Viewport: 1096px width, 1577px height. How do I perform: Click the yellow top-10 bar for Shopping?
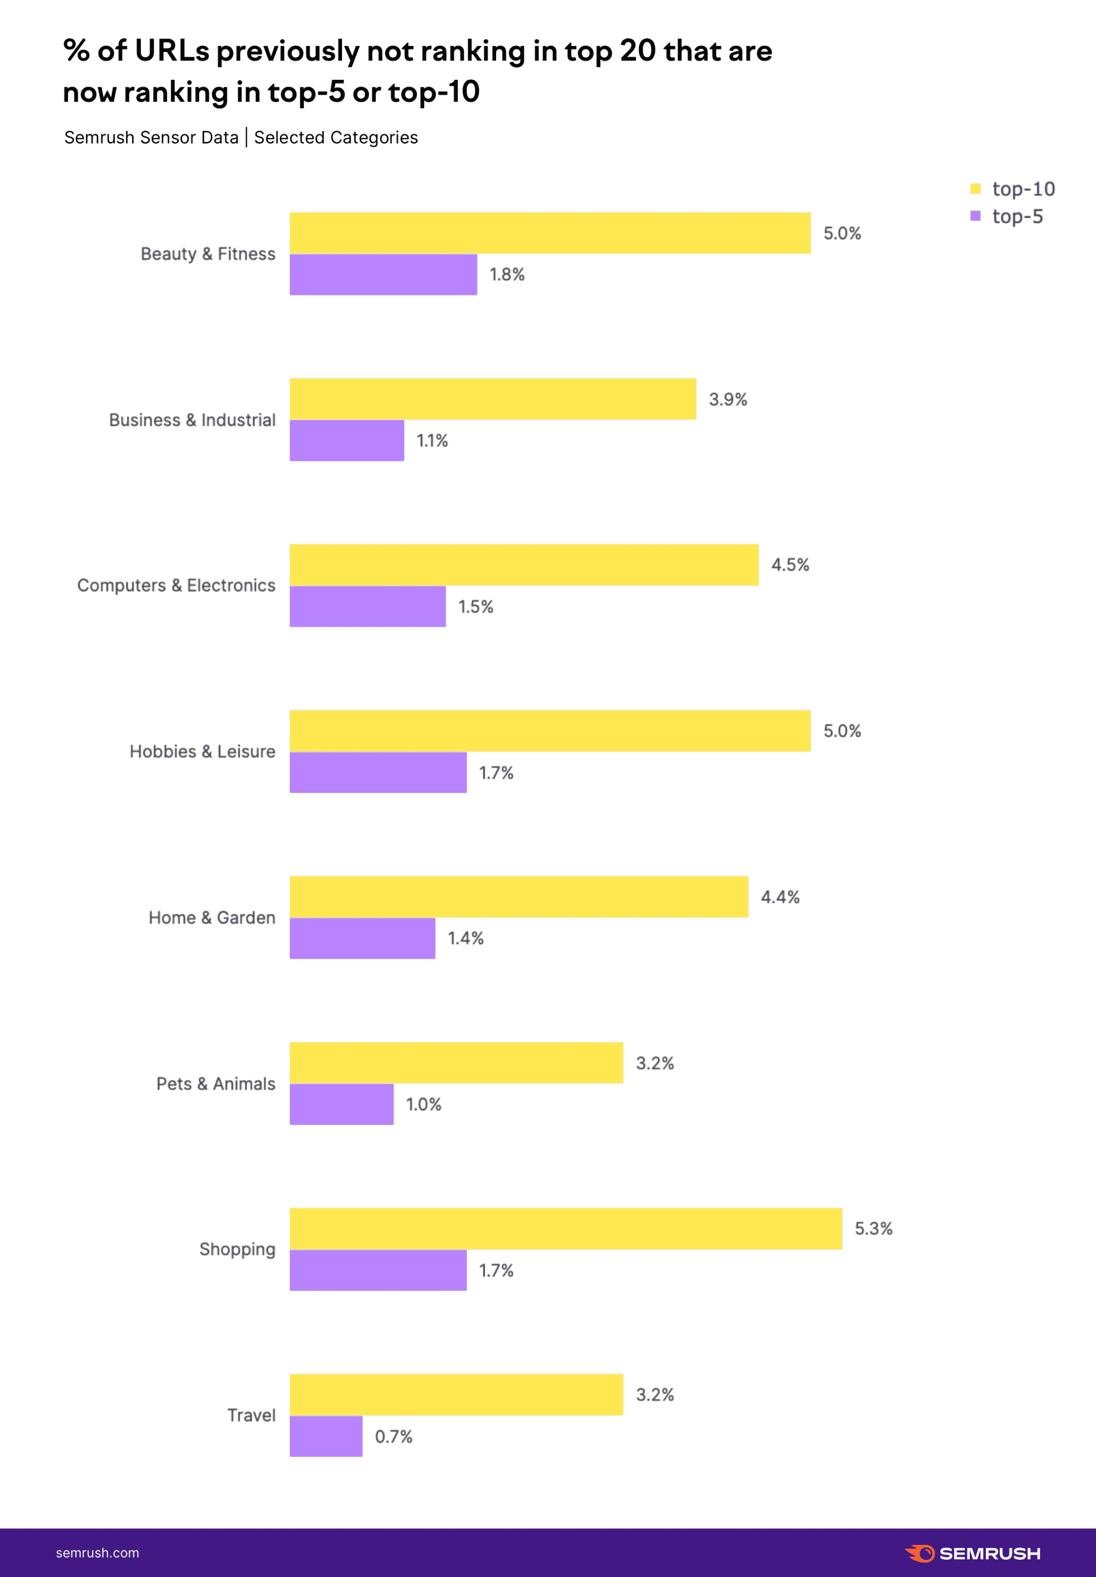(565, 1228)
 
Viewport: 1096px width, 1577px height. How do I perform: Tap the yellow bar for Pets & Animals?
(456, 1063)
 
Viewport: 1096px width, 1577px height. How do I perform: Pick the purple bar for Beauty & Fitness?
(383, 274)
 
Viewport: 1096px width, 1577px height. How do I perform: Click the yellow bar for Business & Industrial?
(492, 398)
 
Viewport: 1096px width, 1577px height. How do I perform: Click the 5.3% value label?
(873, 1228)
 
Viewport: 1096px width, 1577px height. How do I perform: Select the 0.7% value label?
(393, 1436)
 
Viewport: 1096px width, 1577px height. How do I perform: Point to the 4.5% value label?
(790, 565)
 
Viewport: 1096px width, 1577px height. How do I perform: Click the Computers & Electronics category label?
(176, 585)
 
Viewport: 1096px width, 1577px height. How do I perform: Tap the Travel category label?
(252, 1415)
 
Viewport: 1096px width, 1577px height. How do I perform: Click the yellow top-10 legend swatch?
(975, 188)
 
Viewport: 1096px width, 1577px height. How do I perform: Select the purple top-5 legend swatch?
(975, 216)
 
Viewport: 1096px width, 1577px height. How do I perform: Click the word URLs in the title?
(172, 51)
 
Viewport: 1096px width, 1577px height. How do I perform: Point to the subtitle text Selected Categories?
(336, 138)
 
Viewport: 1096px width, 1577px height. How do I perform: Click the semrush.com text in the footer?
(97, 1553)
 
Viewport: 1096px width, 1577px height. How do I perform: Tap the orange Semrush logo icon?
(919, 1553)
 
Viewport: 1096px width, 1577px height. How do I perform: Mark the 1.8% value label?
(507, 275)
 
